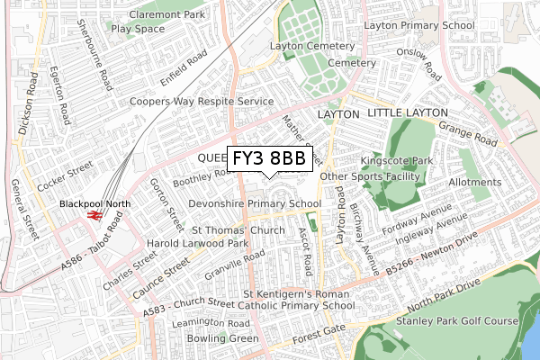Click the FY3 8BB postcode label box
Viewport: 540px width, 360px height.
click(269, 158)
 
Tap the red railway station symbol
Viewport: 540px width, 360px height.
click(94, 215)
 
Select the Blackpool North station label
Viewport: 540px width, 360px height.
click(95, 204)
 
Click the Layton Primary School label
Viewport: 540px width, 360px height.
click(418, 26)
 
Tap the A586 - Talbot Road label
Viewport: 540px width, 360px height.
click(93, 255)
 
